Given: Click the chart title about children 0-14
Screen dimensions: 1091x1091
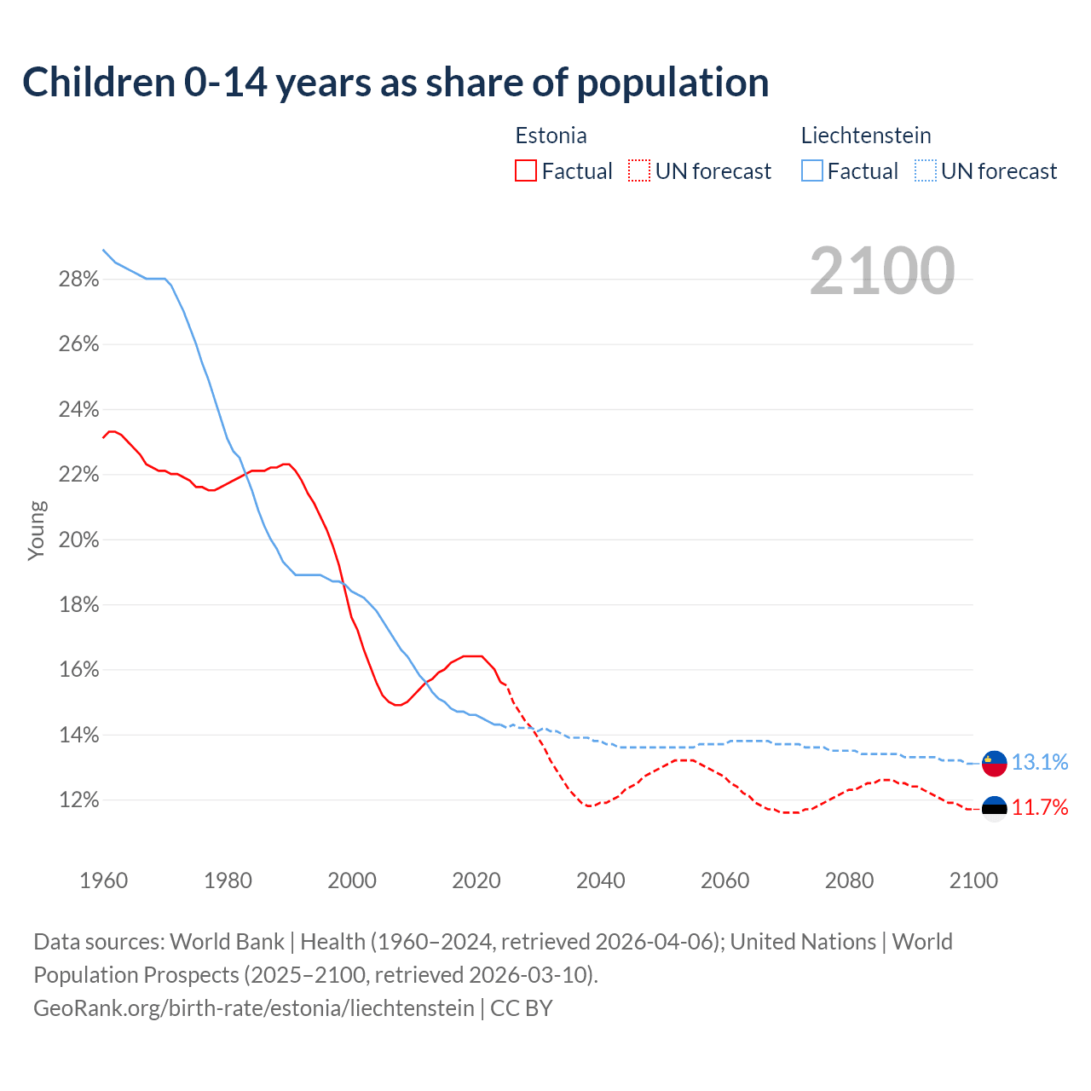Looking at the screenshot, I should click(x=395, y=83).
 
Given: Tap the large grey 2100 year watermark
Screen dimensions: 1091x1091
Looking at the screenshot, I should click(x=881, y=271).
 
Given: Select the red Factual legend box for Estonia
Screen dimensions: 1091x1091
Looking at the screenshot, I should click(x=526, y=171).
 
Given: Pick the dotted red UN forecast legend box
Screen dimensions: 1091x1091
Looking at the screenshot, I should click(x=639, y=171).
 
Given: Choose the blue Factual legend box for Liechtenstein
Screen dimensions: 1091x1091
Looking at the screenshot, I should click(x=812, y=171).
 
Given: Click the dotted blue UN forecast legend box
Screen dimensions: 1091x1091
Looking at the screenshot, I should click(x=926, y=171).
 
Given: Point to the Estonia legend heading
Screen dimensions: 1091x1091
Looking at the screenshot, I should click(x=551, y=136).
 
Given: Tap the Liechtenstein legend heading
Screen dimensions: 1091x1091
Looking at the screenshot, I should click(x=866, y=136).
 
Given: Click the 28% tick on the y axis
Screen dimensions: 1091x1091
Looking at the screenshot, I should click(x=78, y=280).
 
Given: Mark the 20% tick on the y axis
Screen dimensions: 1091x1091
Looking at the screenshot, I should click(x=78, y=540).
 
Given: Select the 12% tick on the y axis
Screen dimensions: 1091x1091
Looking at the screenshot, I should click(x=78, y=800).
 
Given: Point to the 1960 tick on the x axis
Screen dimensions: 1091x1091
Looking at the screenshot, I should click(x=103, y=880).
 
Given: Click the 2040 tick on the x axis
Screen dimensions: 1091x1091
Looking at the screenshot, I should click(x=601, y=880).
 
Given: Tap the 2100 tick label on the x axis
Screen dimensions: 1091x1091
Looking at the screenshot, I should click(x=973, y=880).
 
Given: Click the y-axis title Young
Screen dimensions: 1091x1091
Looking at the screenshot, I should click(x=37, y=530).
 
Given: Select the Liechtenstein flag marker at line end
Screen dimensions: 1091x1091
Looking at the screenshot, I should click(x=995, y=763).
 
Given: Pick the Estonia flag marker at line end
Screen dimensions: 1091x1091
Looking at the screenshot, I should click(x=995, y=808).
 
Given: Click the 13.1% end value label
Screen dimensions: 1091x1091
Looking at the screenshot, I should click(x=1040, y=763).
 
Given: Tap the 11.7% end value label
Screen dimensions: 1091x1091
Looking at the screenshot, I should click(x=1040, y=808).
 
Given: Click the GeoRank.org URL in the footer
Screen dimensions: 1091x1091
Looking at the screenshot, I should click(x=253, y=1008).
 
